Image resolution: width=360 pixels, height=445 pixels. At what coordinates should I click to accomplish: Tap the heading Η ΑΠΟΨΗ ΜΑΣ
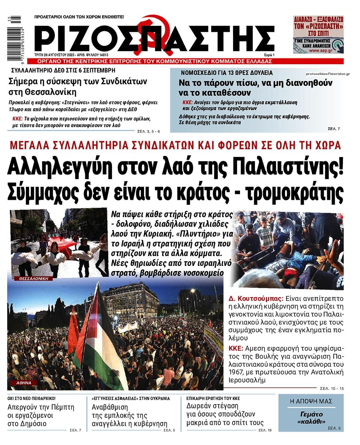click(311, 402)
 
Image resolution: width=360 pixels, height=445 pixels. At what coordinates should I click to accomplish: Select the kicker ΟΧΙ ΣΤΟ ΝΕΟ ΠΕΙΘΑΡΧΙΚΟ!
click(31, 399)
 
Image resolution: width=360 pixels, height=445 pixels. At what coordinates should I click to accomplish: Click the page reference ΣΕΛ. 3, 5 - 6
click(149, 131)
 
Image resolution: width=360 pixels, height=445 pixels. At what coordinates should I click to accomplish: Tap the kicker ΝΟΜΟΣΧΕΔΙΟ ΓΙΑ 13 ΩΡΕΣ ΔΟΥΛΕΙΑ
click(227, 73)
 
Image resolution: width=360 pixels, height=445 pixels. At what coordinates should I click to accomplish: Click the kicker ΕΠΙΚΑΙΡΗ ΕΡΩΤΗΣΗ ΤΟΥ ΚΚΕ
click(213, 399)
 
